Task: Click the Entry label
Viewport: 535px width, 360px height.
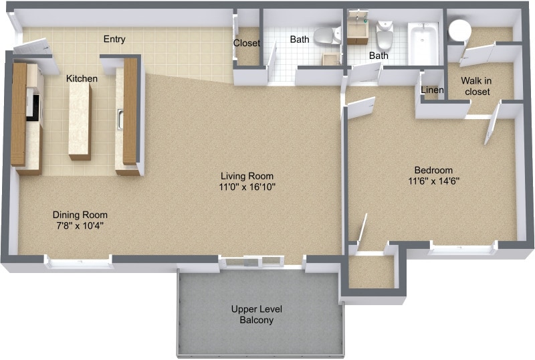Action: [x=114, y=39]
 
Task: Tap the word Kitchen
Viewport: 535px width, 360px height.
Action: [x=82, y=79]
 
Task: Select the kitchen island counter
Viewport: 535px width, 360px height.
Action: [x=80, y=121]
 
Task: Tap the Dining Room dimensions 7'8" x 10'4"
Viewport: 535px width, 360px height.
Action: [x=80, y=226]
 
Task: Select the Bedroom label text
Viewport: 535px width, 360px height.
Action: [x=433, y=170]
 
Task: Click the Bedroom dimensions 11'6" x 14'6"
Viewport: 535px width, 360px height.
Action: [x=433, y=181]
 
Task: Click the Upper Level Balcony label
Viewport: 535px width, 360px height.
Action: [x=257, y=314]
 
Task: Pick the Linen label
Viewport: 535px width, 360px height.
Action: [x=432, y=90]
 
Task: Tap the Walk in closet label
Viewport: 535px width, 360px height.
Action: [x=475, y=86]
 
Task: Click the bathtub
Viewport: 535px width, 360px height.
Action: [x=423, y=44]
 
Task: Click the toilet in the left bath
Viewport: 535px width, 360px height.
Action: [x=326, y=35]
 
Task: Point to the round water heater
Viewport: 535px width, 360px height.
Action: [x=459, y=30]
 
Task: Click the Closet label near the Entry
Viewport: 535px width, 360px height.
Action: [x=246, y=43]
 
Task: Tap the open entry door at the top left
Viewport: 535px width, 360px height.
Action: [x=32, y=48]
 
